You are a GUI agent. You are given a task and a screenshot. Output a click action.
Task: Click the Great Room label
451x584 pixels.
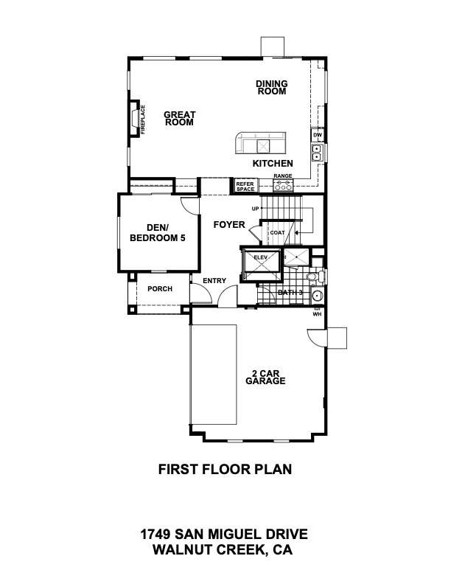[x=179, y=119]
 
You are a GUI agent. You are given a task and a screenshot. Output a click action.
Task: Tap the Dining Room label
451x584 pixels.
[x=272, y=88]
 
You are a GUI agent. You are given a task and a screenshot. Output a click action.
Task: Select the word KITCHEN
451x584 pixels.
[x=273, y=163]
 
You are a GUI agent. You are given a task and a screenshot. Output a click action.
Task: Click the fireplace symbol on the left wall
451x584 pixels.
[x=134, y=119]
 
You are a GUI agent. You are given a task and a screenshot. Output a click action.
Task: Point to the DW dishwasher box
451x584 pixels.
[x=318, y=135]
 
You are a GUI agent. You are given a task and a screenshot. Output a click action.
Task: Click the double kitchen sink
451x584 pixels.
[x=317, y=153]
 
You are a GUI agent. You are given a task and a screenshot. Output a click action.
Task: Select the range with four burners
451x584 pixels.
[x=283, y=185]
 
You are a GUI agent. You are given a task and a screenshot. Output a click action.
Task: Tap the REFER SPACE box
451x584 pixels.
[x=245, y=187]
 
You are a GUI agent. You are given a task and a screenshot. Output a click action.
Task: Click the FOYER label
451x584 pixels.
[x=229, y=225]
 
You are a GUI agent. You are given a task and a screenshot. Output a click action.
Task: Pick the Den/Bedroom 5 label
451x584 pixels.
[x=158, y=233]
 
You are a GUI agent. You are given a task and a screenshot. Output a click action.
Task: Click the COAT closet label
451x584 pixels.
[x=277, y=233]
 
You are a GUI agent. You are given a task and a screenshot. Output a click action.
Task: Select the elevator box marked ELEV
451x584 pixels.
[x=261, y=265]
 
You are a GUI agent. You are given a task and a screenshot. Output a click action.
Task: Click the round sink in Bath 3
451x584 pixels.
[x=317, y=296]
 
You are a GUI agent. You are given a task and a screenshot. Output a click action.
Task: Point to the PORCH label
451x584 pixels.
[x=160, y=288]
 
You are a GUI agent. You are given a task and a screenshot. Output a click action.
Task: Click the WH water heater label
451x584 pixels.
[x=317, y=314]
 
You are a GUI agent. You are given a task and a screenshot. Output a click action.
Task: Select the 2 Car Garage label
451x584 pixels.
[x=266, y=378]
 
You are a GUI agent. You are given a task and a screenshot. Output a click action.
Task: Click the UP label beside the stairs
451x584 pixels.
[x=255, y=209]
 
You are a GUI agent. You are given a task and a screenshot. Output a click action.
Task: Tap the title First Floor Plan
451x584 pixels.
[x=225, y=469]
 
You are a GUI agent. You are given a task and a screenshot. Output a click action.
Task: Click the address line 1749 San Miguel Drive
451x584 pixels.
[x=224, y=534]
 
